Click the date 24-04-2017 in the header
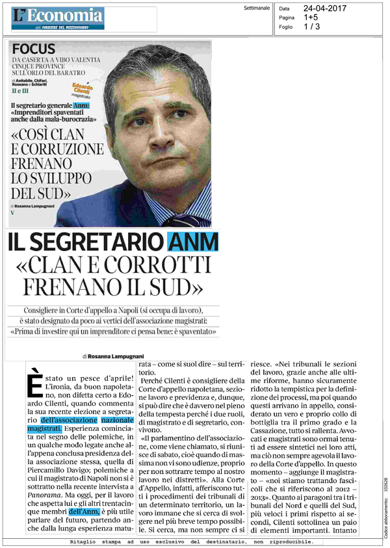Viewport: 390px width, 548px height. click(321, 8)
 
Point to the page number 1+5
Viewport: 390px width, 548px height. click(310, 18)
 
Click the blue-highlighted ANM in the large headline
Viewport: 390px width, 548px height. click(193, 244)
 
